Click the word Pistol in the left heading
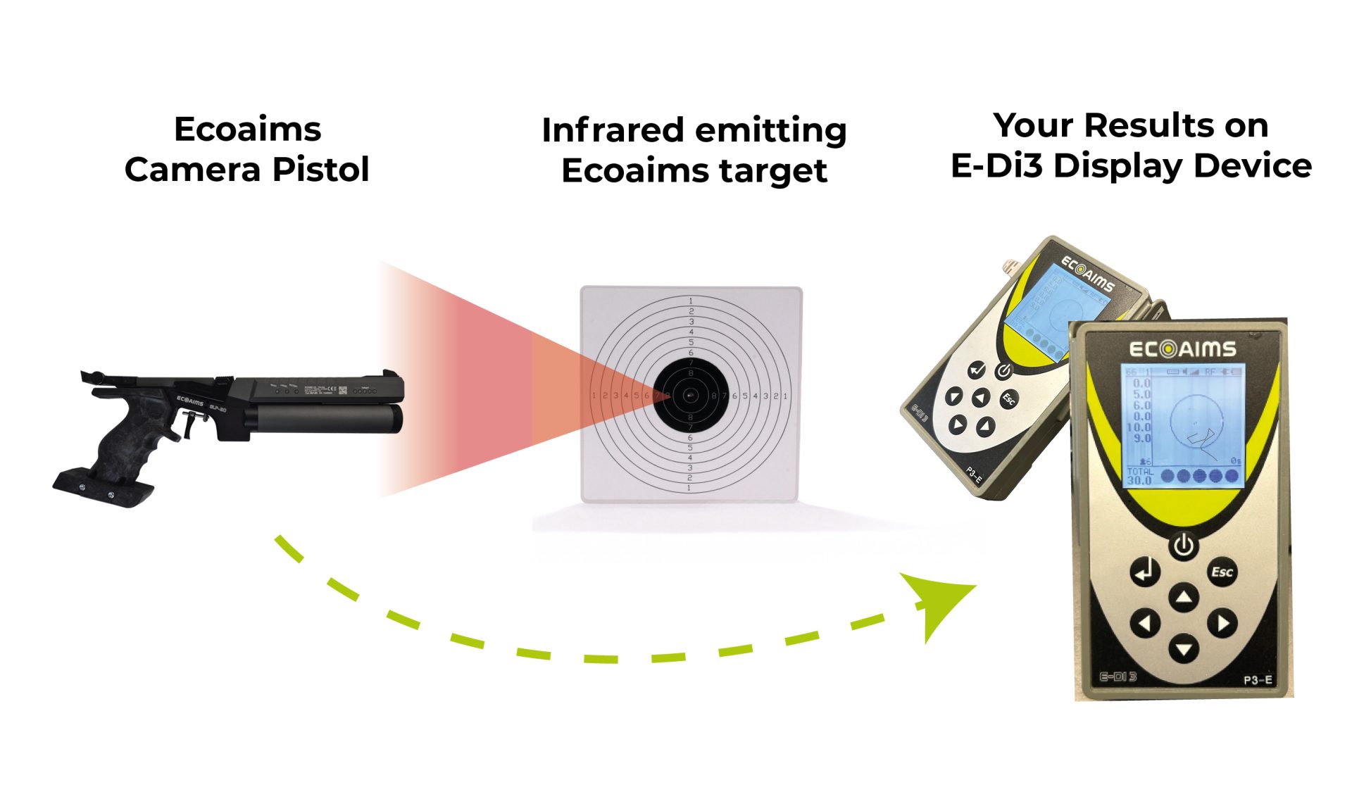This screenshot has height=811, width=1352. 320,170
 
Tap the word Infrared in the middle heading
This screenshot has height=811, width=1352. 613,131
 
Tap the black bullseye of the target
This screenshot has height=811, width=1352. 690,396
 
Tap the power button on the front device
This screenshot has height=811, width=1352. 1183,546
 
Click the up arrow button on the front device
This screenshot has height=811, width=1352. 1184,598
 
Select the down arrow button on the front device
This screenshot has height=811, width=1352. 1184,648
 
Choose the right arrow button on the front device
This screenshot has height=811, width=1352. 1222,623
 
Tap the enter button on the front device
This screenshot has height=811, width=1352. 1145,571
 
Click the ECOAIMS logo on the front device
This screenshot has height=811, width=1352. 1182,349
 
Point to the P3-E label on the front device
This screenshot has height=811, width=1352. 1257,679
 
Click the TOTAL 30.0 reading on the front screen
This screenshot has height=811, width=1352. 1140,477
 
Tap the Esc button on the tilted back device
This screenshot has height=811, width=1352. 1008,399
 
